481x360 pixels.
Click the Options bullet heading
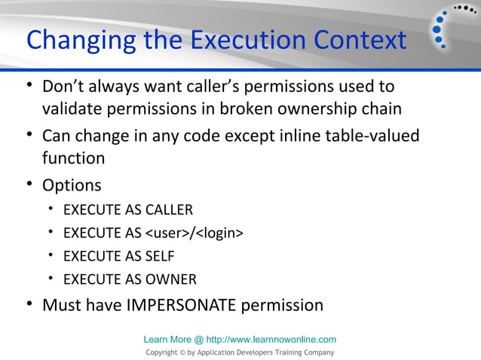(x=72, y=185)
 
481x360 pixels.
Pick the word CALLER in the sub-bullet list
(x=168, y=210)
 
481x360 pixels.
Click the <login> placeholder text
(x=221, y=233)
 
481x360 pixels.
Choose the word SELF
(x=159, y=256)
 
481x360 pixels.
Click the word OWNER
(x=170, y=279)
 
